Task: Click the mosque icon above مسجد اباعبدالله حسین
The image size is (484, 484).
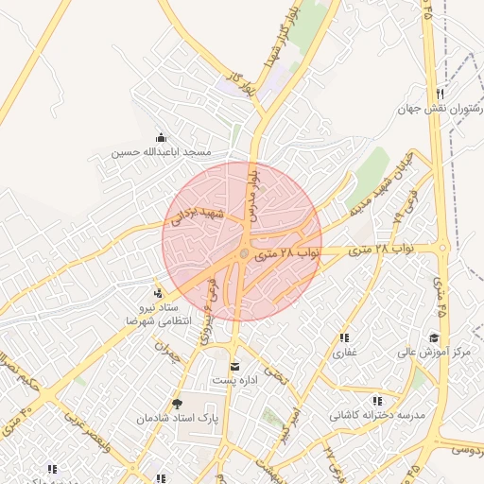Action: coord(160,138)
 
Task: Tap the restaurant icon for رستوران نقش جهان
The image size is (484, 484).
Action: coord(440,93)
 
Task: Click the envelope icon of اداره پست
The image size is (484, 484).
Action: coord(234,366)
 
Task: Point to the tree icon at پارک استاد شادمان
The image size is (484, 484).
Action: coord(177,404)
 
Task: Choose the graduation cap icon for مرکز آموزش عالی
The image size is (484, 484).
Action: coord(434,337)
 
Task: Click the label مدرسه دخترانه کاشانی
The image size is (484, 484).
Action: coord(378,416)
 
